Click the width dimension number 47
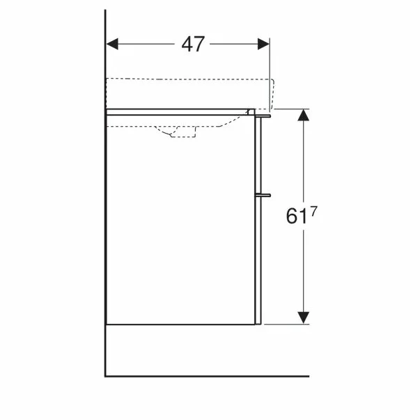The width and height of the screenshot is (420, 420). (193, 45)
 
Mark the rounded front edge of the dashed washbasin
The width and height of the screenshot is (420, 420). (273, 94)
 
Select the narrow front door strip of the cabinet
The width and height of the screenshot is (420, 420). (258, 223)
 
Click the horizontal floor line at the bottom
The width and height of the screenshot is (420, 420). (209, 376)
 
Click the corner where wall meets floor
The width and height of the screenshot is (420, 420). (105, 376)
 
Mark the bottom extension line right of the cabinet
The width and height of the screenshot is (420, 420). (286, 325)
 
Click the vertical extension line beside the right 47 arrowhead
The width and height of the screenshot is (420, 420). (270, 63)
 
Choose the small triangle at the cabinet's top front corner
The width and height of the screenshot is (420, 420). (249, 111)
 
